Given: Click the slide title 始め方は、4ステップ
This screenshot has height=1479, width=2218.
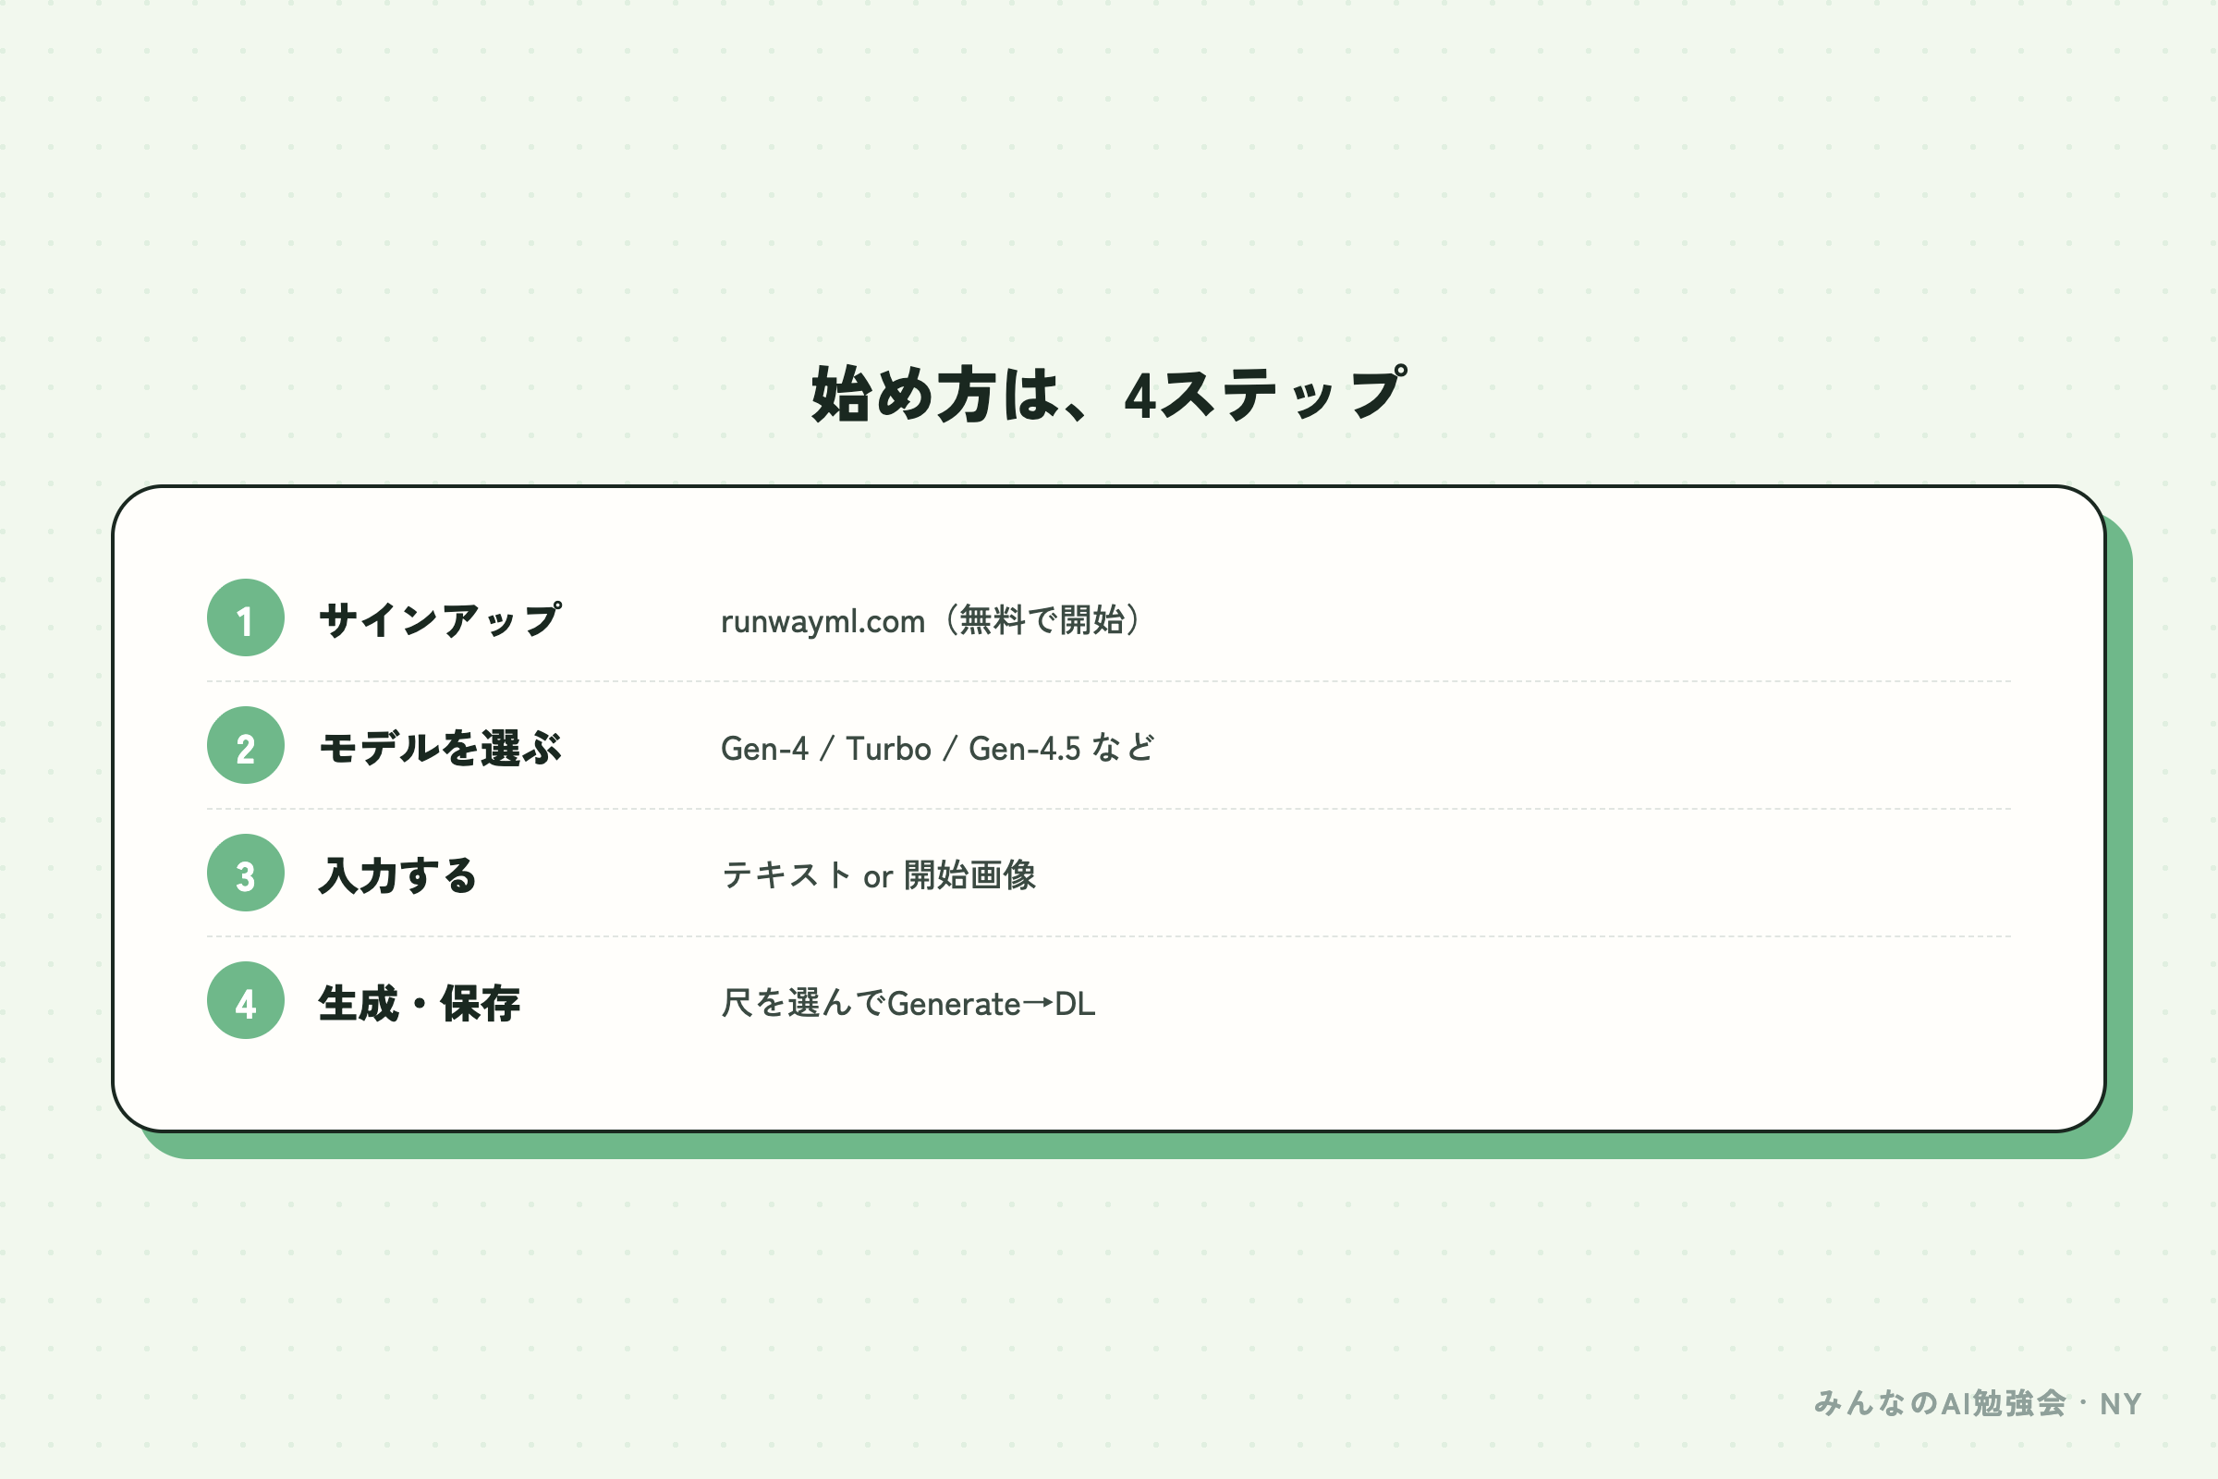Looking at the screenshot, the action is click(x=1109, y=395).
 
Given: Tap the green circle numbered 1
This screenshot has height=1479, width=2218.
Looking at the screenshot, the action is click(x=245, y=617).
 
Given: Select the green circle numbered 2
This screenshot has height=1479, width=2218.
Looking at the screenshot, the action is click(x=245, y=745).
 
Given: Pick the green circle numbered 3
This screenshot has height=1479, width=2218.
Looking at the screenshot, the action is click(x=245, y=873).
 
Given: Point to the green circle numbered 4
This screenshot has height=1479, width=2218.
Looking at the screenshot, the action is click(x=245, y=1001).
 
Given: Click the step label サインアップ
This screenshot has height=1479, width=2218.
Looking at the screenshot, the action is click(x=441, y=619).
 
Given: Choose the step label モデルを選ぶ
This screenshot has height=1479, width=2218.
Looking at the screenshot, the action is click(x=441, y=748).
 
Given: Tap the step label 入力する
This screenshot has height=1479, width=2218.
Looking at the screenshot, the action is click(x=398, y=875).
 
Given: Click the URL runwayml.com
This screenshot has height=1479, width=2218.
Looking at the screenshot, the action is click(x=823, y=621).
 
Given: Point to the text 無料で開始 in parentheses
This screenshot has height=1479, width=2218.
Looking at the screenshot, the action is click(x=1042, y=619).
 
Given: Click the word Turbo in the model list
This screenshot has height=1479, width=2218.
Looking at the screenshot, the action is click(x=888, y=749).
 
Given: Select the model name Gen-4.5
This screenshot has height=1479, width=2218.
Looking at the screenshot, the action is click(x=1024, y=749).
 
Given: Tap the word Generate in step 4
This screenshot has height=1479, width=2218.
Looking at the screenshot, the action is click(x=954, y=1004).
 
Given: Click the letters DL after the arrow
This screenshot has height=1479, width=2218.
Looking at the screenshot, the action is click(x=1075, y=1004).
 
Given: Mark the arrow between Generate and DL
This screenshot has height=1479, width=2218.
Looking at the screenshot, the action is click(x=1037, y=1004).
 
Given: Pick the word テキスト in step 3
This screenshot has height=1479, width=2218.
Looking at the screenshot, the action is click(x=786, y=875).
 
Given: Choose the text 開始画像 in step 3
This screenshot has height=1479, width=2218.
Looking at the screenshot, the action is click(x=969, y=875).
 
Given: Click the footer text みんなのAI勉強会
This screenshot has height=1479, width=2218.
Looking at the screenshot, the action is click(x=1940, y=1403).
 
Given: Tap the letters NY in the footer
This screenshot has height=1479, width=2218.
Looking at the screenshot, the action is click(x=2121, y=1404).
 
